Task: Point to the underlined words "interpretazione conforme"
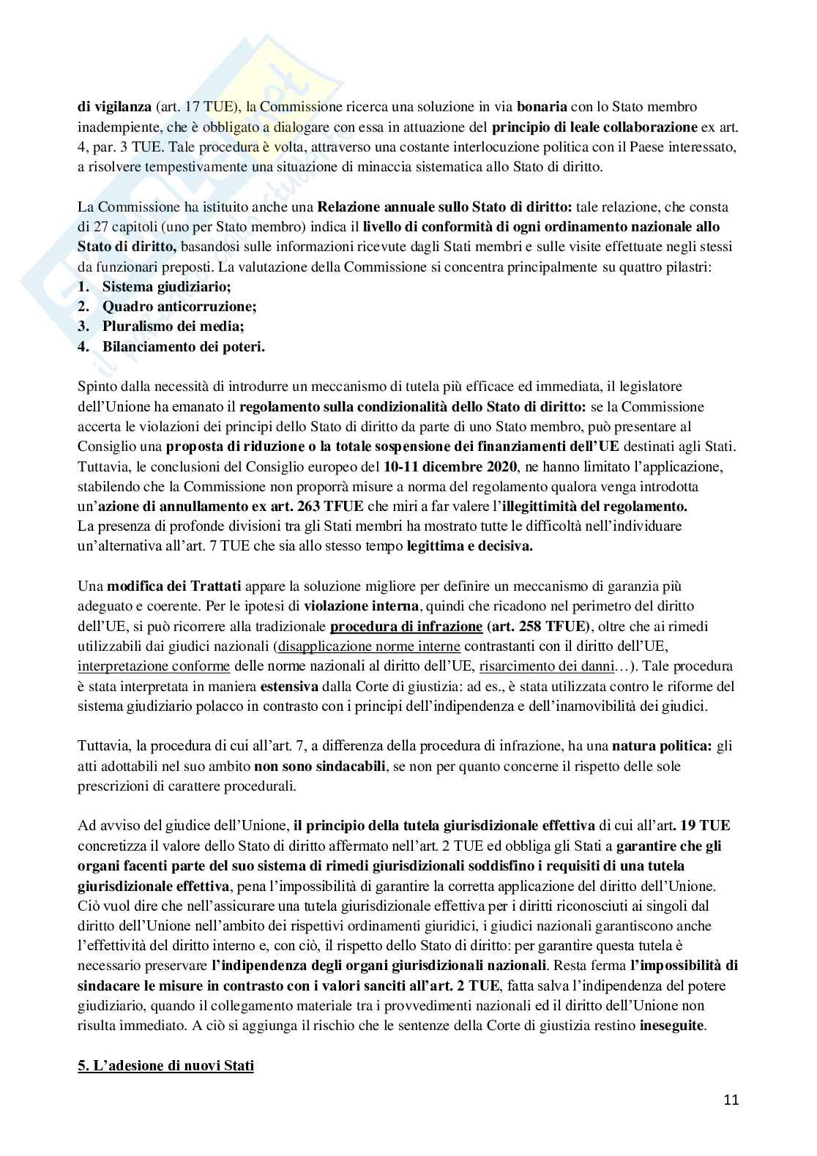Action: pos(154,665)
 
